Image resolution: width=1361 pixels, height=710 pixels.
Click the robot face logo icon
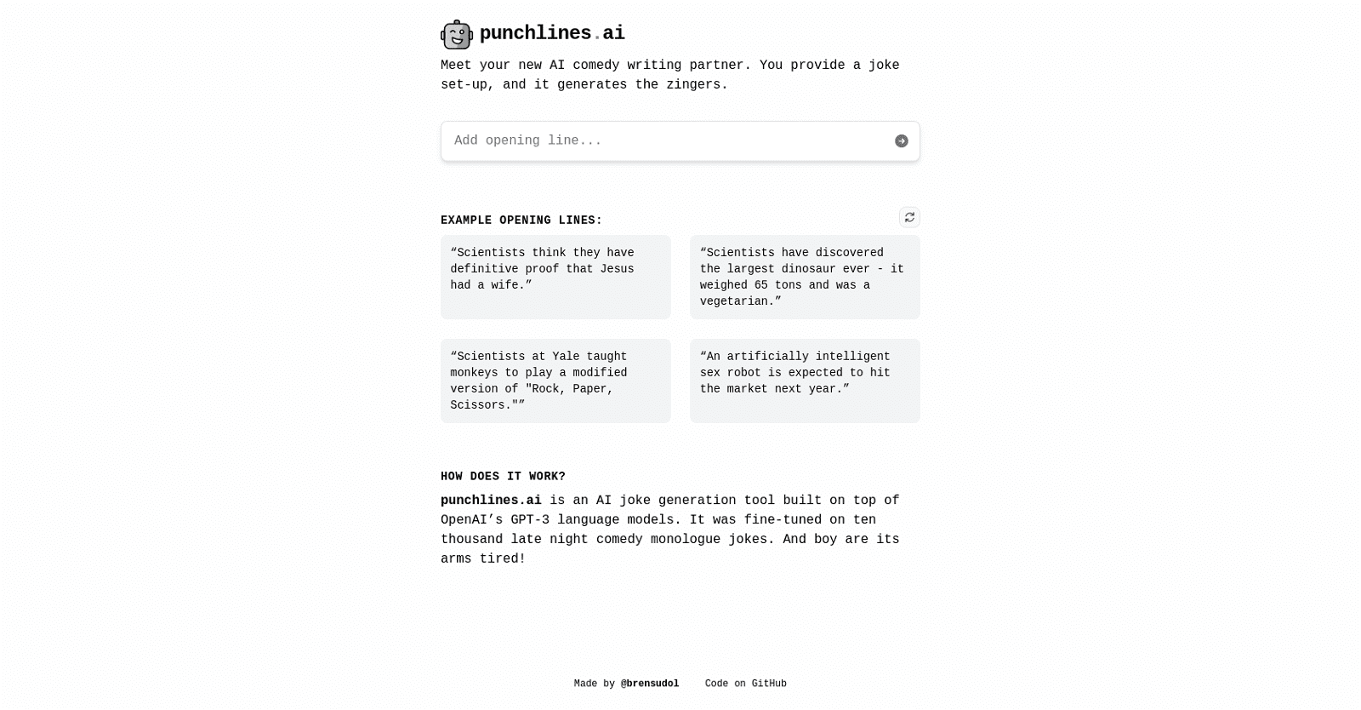(x=457, y=34)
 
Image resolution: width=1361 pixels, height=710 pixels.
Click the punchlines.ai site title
(x=552, y=33)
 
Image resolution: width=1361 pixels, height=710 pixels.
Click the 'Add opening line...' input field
(x=668, y=141)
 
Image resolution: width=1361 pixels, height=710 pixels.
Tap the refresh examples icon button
(x=909, y=217)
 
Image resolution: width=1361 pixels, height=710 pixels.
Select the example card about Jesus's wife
(x=555, y=277)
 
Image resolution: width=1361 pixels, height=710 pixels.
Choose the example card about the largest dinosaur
(x=805, y=277)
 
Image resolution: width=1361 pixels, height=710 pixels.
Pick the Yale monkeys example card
(x=555, y=381)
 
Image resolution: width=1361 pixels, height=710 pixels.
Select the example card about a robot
(x=805, y=381)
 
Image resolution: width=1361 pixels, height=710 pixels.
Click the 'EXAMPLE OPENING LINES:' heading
(x=521, y=220)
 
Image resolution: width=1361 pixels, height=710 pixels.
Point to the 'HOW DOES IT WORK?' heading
(x=503, y=477)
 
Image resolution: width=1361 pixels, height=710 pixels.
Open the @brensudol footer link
(x=650, y=684)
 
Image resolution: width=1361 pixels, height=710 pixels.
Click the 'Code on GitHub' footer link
(x=745, y=684)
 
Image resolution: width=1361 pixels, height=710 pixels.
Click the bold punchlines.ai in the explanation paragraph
(x=491, y=501)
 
